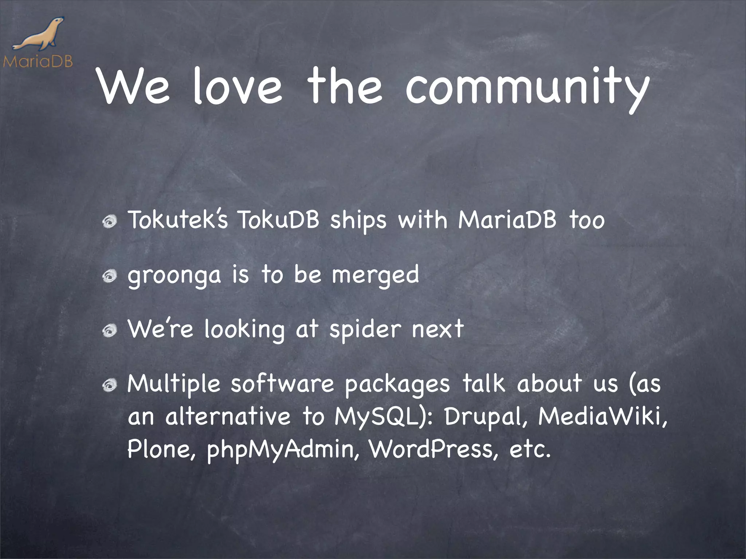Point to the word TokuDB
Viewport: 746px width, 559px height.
(x=278, y=220)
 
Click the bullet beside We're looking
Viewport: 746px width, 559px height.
(x=109, y=330)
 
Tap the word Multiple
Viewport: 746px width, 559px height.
(x=174, y=384)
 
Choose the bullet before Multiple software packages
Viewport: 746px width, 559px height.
(x=109, y=385)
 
